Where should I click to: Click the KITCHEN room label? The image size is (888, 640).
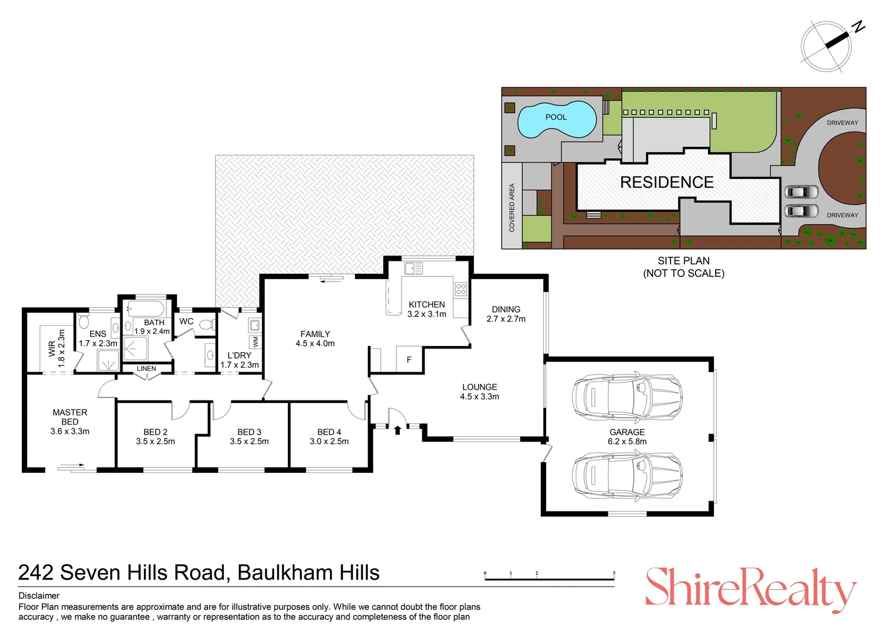427,305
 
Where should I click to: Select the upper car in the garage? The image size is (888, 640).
627,396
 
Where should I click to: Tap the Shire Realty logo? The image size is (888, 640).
751,589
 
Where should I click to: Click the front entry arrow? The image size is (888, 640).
397,430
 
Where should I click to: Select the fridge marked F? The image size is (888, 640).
409,360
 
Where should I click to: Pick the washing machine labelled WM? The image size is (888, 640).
255,342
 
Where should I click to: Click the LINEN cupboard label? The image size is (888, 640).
146,369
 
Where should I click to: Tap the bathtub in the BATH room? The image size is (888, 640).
146,309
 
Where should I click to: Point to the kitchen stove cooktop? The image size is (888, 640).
461,289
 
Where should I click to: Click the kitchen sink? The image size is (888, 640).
413,268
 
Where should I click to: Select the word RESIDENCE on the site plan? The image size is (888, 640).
666,183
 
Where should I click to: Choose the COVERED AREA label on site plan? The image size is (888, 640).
512,207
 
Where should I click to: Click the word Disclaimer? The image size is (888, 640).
39,596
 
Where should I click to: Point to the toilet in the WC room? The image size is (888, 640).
206,324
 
